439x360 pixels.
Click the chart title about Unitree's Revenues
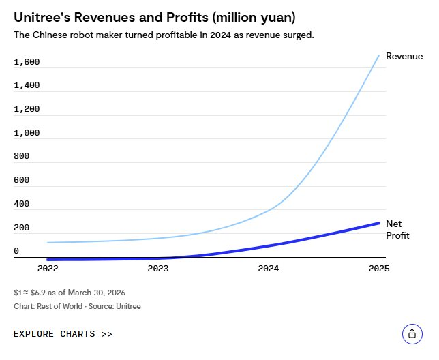point(154,16)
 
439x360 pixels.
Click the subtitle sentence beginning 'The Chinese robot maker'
point(164,35)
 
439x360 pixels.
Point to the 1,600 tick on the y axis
point(27,62)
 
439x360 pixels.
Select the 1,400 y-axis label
point(27,85)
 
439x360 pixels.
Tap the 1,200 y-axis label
point(27,109)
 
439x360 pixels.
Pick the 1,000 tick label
point(27,133)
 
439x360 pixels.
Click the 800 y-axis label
point(22,156)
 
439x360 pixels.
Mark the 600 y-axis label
point(22,180)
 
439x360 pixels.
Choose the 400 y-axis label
point(22,204)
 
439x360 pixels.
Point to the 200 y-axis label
point(22,228)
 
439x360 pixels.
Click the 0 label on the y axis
point(16,251)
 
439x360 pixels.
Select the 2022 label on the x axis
point(47,269)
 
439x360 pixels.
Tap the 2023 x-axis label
point(157,269)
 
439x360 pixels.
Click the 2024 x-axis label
point(269,269)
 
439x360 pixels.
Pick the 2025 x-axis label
point(378,269)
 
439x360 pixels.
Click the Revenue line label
point(404,56)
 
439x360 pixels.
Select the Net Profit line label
point(397,230)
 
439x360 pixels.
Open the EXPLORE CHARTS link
point(63,334)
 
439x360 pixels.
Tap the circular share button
point(412,333)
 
